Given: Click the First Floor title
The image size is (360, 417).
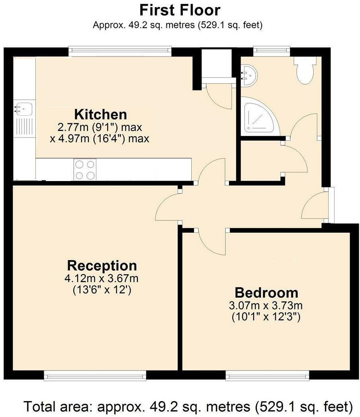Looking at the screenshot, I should [x=179, y=9].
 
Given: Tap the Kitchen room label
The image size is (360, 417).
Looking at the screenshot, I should [x=101, y=115].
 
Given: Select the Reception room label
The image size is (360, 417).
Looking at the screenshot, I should [x=102, y=265].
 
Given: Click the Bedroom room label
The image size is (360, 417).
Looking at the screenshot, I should [x=266, y=293].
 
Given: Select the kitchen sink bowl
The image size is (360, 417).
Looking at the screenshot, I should [x=24, y=107].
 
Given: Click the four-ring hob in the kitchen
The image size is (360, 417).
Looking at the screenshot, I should [x=85, y=170].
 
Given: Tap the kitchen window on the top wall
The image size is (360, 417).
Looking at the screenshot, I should [x=119, y=50].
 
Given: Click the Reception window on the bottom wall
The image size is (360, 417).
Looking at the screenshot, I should [x=95, y=375].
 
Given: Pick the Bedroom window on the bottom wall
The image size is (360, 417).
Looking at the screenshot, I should [x=267, y=375].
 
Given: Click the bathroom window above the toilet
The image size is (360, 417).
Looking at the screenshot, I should [x=271, y=50].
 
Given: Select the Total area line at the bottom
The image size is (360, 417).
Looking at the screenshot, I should [x=188, y=406].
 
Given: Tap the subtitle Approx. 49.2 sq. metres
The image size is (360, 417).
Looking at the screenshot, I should [x=178, y=25].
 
